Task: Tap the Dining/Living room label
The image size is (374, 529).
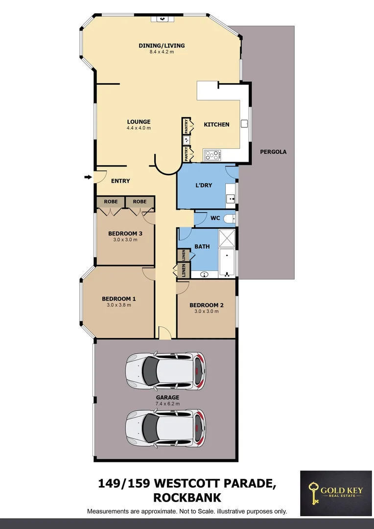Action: pos(161,46)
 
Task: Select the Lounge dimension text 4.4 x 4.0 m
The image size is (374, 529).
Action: pos(139,128)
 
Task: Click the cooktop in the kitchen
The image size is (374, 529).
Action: pos(212,155)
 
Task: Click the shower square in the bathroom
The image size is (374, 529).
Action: pos(227,239)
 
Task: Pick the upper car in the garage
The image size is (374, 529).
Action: pos(165,370)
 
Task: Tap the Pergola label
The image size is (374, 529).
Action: pos(273,152)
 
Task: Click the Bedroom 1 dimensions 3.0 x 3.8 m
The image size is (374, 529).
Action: pos(119,305)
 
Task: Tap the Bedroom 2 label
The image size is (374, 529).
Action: pos(207,305)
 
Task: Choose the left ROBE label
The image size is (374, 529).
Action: pos(111,201)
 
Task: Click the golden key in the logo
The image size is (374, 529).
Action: pos(313,492)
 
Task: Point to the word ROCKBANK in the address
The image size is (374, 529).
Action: pos(187,498)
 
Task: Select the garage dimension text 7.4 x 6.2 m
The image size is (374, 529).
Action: pos(168,404)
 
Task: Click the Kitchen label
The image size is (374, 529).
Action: pos(216,124)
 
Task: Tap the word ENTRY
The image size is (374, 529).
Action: pos(120,181)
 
